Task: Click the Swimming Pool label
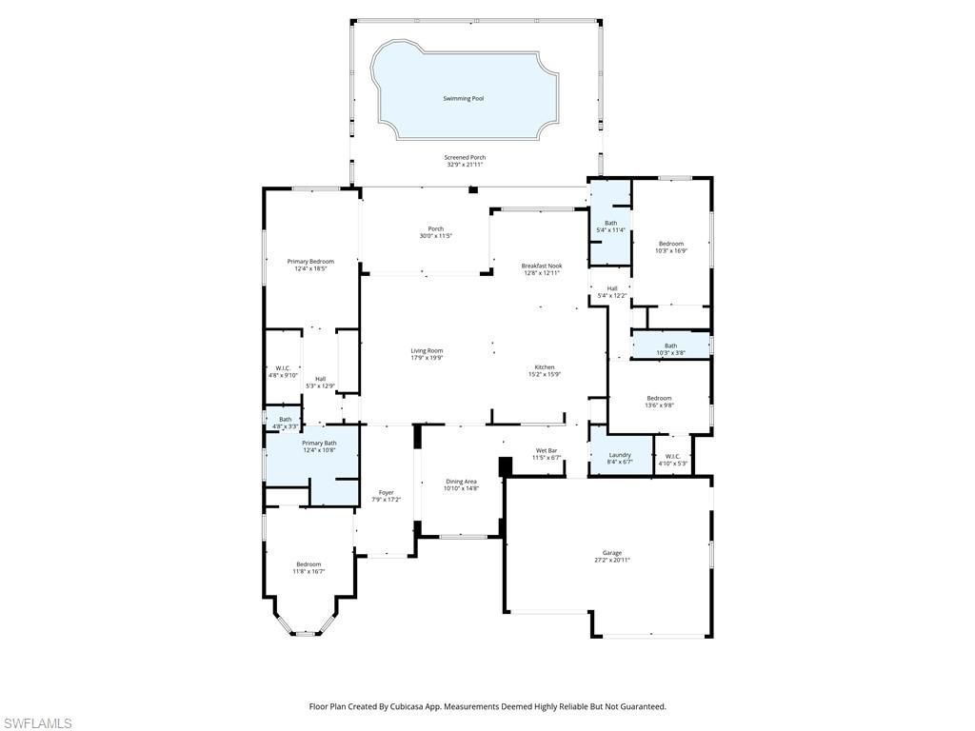point(463,98)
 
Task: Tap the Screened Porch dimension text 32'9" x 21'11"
point(465,166)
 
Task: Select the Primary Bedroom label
point(311,262)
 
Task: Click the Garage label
point(611,553)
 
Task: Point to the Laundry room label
point(620,455)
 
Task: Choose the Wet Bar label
point(546,450)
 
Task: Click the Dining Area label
point(461,482)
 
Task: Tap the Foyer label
point(386,492)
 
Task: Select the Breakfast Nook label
point(541,266)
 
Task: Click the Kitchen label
point(544,367)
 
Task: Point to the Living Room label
point(427,350)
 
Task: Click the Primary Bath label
point(319,443)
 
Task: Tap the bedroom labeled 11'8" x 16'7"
point(308,564)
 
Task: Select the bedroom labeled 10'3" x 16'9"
point(670,244)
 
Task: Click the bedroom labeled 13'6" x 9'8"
point(659,398)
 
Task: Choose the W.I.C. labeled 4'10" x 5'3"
point(672,456)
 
